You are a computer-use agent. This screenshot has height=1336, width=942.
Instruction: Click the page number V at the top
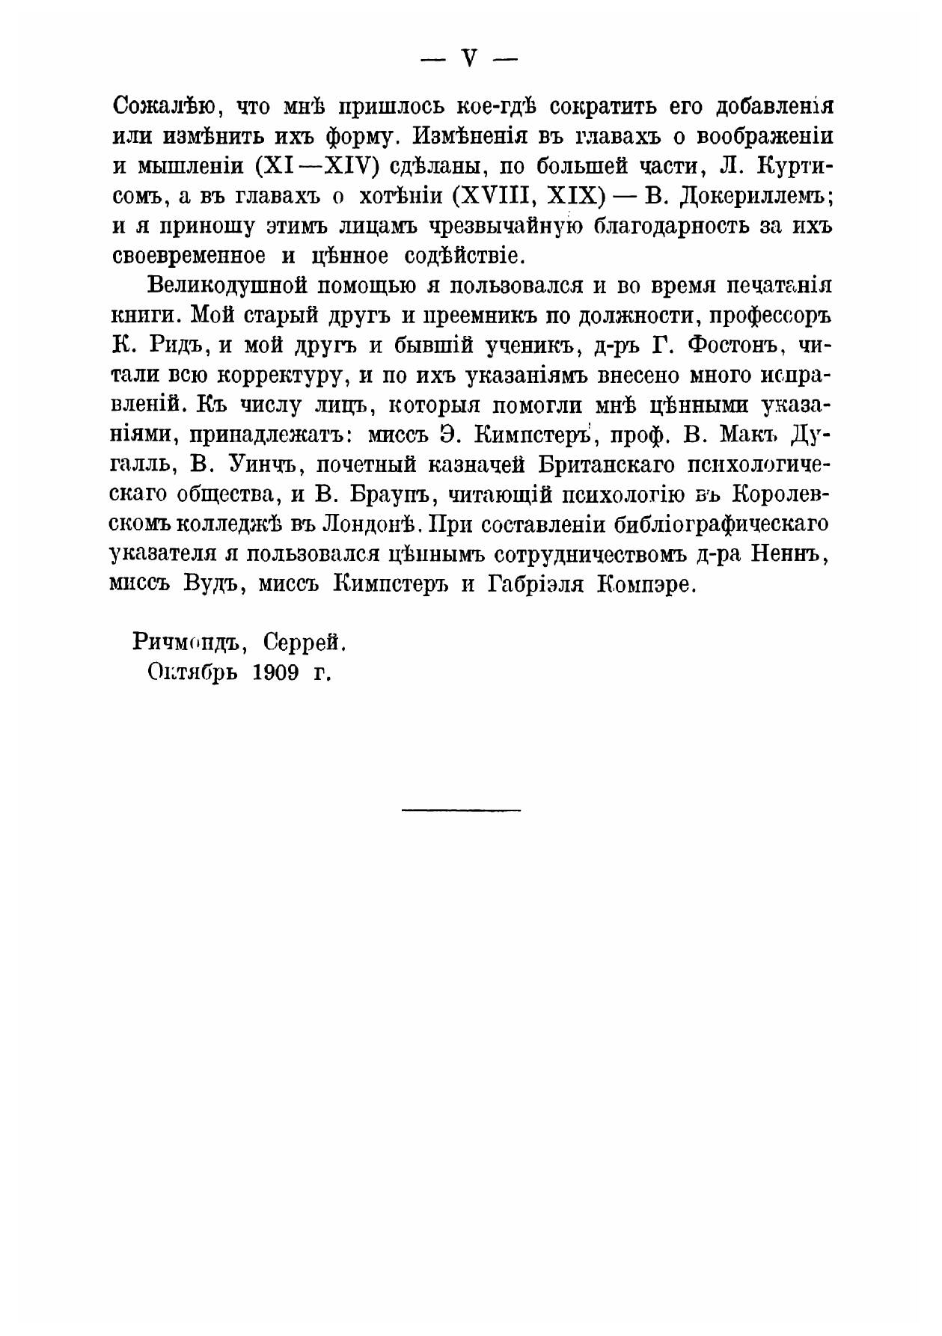pyautogui.click(x=470, y=60)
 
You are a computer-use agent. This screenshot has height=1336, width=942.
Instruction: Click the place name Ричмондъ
pyautogui.click(x=180, y=641)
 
